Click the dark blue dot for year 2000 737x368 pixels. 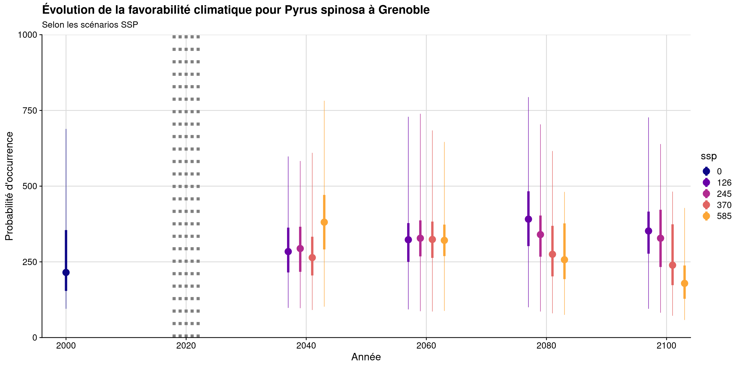(66, 272)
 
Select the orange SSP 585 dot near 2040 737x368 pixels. (324, 222)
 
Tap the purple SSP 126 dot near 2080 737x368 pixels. (528, 219)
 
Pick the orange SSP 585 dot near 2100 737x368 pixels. (684, 283)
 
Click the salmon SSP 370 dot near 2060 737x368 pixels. (432, 239)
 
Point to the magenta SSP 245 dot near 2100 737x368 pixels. (660, 238)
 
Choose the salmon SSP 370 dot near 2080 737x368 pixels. (552, 254)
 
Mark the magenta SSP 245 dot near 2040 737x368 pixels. (300, 249)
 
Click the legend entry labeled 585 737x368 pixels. (724, 216)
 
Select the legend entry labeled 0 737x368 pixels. (719, 171)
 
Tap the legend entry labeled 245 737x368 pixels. (724, 194)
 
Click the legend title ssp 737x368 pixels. (709, 156)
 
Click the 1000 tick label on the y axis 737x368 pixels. (27, 35)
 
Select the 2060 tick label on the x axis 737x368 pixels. (426, 346)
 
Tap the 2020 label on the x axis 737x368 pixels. (186, 346)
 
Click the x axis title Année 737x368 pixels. (366, 357)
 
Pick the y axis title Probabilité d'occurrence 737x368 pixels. (9, 186)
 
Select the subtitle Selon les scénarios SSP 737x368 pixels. (90, 25)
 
